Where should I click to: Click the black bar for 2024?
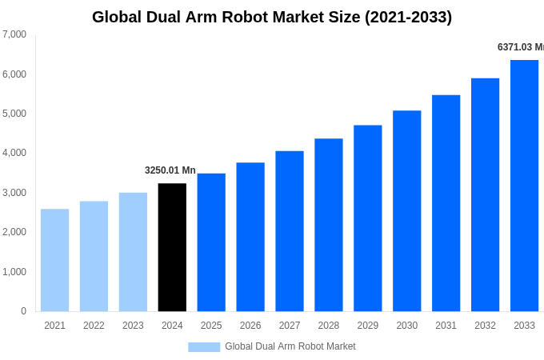[172, 247]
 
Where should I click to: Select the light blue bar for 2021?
[54, 260]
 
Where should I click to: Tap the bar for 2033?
[524, 186]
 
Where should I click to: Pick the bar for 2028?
[328, 225]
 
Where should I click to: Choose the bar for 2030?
[406, 211]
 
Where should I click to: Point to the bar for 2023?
[133, 252]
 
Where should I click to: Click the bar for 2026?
[250, 237]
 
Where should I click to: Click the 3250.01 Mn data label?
[170, 170]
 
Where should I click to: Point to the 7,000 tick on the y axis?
[14, 34]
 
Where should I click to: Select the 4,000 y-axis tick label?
[14, 153]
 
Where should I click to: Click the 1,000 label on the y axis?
[14, 272]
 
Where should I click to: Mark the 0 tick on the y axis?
[23, 311]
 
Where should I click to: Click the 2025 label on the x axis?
[211, 326]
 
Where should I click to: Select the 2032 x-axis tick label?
[485, 326]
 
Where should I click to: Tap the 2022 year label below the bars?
[94, 326]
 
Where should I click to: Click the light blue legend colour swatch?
[204, 346]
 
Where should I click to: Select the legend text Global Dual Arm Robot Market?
[290, 346]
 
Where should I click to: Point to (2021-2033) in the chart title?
[408, 17]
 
